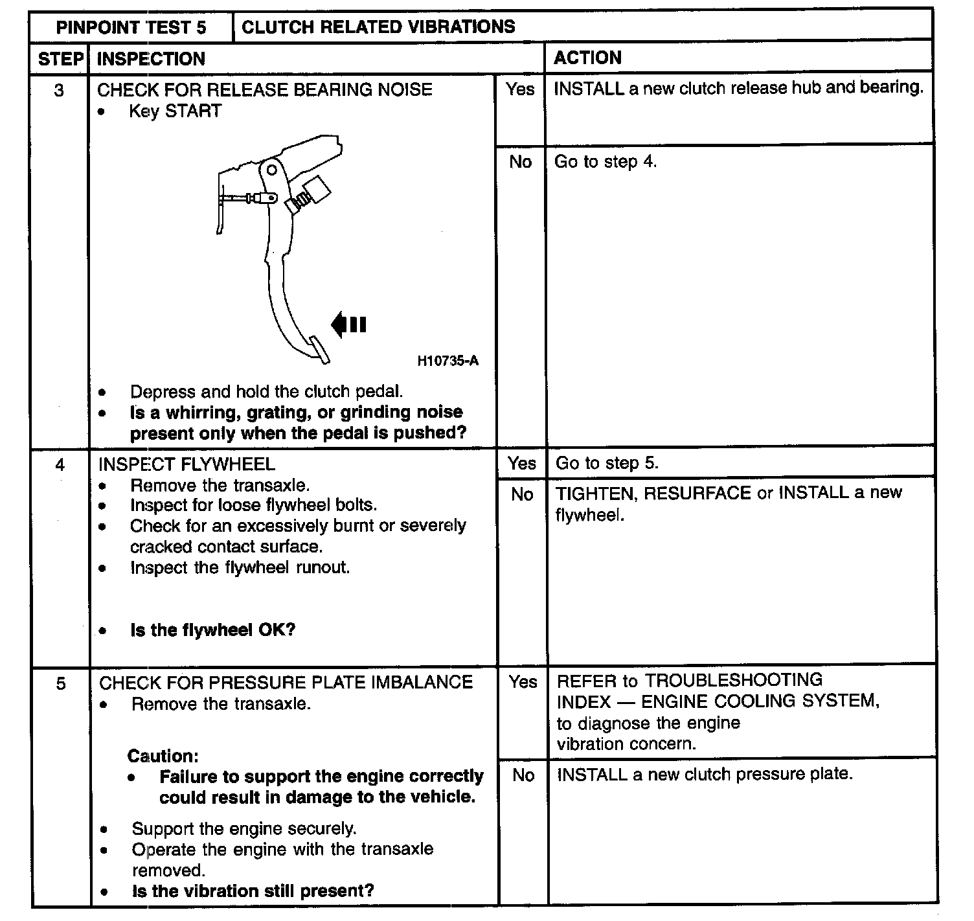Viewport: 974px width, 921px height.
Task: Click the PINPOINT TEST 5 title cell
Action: (131, 27)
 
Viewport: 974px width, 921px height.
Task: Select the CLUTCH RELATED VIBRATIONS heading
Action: (378, 27)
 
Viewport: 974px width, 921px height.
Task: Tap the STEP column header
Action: (61, 59)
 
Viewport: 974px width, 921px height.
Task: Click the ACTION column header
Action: (587, 58)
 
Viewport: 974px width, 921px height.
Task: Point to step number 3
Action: (59, 90)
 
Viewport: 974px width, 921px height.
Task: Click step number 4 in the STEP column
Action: (60, 464)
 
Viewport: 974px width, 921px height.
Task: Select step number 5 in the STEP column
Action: (61, 683)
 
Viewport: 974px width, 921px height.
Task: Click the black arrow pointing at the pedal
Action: (348, 324)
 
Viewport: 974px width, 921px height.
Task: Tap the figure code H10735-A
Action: (447, 361)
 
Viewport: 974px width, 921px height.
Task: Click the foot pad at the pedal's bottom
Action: (320, 350)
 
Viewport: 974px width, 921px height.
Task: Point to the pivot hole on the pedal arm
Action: (272, 170)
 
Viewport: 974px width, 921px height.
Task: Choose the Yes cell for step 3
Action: (520, 89)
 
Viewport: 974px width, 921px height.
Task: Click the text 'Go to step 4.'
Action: (605, 161)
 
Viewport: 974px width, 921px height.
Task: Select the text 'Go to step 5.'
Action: (607, 463)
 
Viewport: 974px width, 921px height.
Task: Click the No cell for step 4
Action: (522, 494)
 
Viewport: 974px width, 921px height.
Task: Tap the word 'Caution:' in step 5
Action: (163, 756)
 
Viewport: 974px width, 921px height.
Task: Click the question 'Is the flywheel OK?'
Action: (212, 630)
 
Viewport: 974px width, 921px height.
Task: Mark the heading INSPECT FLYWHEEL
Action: (187, 464)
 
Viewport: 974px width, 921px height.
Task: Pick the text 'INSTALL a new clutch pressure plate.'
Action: (705, 775)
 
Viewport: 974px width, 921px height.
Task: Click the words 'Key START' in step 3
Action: (175, 111)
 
